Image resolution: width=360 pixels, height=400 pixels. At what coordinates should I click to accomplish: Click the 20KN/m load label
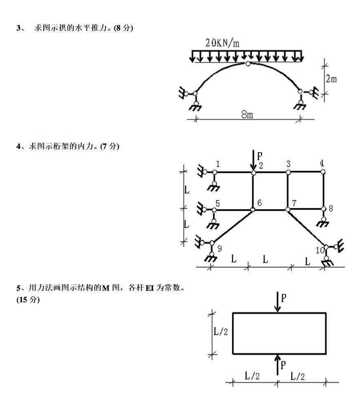point(222,42)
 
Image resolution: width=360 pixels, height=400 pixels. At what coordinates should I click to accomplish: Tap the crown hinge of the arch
point(247,64)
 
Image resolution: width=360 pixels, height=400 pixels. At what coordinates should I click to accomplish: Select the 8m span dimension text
point(247,115)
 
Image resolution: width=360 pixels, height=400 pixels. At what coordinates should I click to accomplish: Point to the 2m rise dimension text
point(331,78)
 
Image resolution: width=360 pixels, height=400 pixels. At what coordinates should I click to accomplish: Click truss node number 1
point(218,164)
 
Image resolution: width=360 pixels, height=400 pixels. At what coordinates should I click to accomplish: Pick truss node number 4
point(322,163)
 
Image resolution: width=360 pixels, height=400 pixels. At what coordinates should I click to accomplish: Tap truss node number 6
point(259,202)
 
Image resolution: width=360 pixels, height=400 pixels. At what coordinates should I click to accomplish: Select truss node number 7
point(294,202)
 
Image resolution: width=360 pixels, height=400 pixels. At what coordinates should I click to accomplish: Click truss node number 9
point(219,248)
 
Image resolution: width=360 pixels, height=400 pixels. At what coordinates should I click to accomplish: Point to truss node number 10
point(320,250)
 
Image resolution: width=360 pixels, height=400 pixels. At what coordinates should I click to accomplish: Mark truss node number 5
point(218,202)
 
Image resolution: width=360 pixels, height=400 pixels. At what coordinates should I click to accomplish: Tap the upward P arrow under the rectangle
point(278,365)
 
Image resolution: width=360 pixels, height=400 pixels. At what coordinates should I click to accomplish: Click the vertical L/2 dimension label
point(221,332)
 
